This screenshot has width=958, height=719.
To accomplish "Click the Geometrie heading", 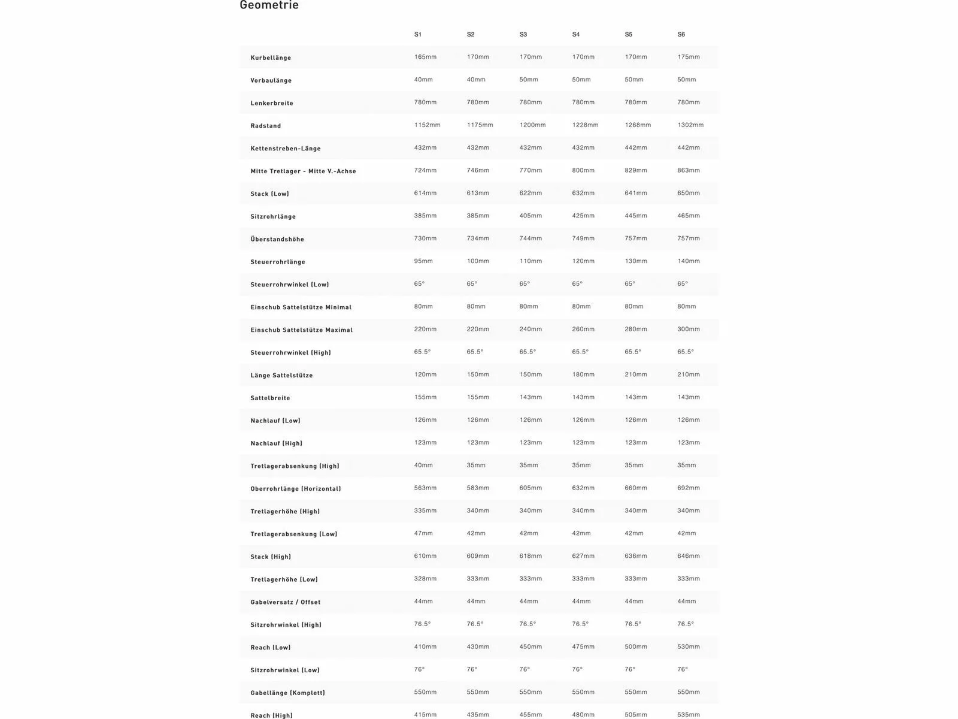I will point(269,5).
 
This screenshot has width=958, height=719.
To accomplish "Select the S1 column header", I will point(418,35).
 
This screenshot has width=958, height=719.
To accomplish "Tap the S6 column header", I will point(681,35).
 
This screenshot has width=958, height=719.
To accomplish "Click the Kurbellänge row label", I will point(271,58).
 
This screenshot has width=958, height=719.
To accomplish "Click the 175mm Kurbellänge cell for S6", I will point(689,57).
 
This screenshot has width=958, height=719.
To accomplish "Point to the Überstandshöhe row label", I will point(277,240).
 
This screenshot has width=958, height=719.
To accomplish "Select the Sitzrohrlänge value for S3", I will point(530,216).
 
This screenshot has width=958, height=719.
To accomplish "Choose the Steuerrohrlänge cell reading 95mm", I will point(423,261).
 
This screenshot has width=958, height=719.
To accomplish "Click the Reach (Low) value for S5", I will point(636,647).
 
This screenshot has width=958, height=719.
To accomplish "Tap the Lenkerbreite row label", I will point(272,104).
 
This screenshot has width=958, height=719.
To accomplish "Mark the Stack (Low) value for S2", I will point(478,193).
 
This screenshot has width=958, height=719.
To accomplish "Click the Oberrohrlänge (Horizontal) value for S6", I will point(689,488).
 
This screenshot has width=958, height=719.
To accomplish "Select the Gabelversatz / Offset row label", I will point(286,603).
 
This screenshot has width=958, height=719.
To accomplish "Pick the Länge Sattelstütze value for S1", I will point(425,374).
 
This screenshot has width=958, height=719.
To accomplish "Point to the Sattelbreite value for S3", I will point(530,397).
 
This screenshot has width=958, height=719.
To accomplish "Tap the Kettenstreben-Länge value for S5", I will point(636,148).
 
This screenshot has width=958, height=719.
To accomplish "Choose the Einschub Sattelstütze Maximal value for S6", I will point(689,330).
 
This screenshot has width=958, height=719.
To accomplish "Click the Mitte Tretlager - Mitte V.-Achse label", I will point(303,171).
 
